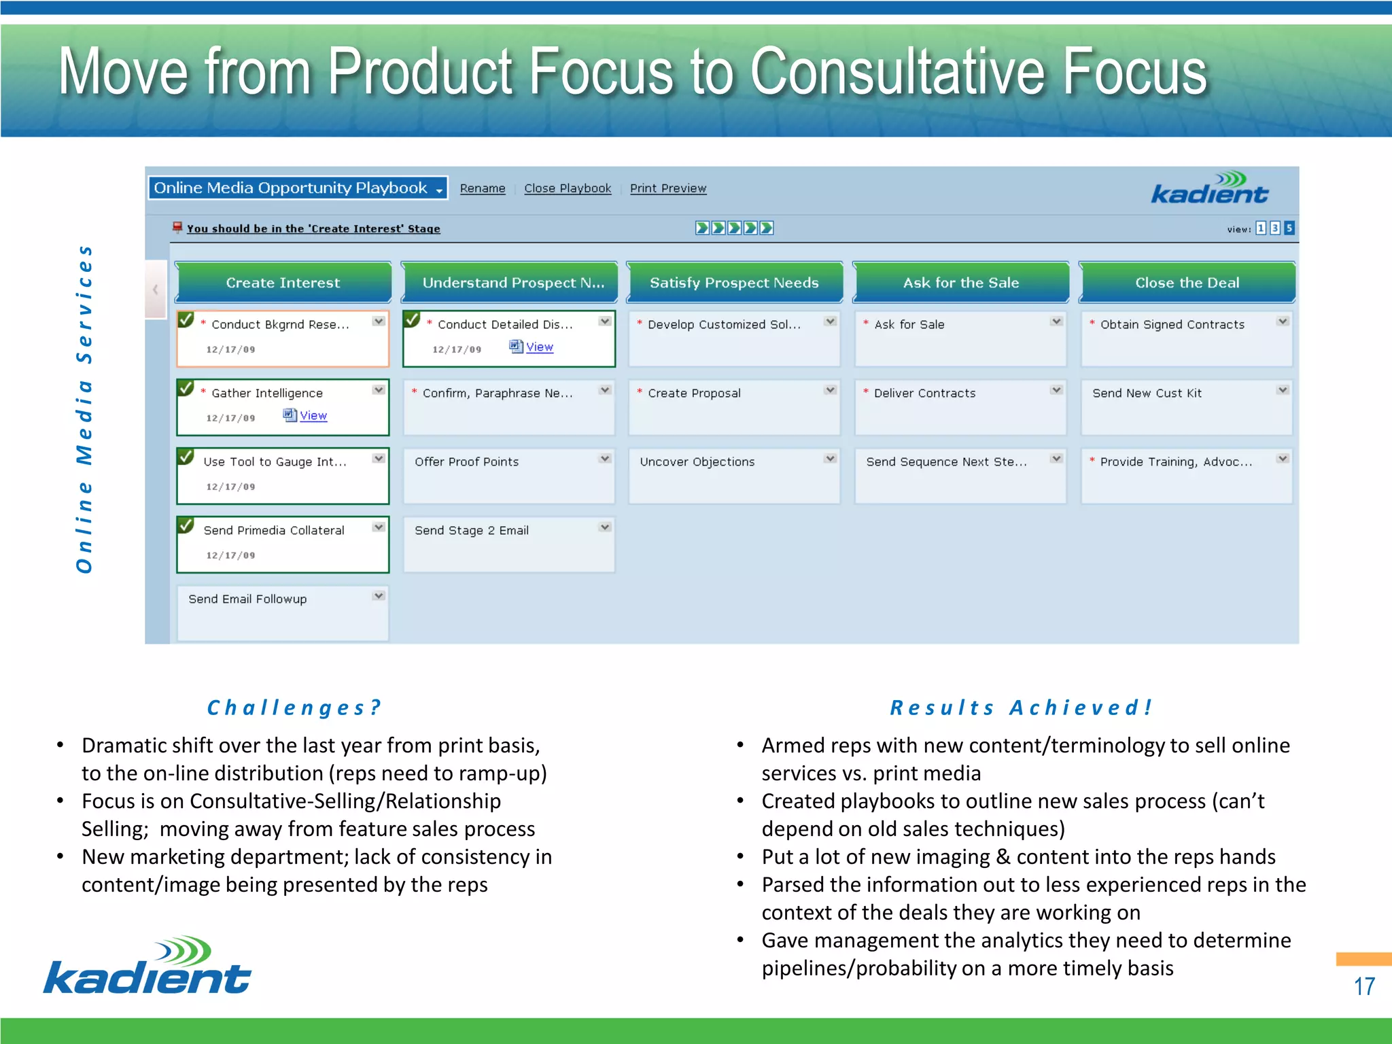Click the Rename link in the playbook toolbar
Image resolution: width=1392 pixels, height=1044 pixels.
(482, 188)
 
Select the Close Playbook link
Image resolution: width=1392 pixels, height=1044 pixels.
(567, 188)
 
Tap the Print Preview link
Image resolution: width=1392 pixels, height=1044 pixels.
(667, 188)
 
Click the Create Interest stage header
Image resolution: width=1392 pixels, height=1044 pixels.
(283, 283)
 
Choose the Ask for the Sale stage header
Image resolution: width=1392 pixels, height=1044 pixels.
(960, 283)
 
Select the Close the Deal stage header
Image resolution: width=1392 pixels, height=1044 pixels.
(1187, 283)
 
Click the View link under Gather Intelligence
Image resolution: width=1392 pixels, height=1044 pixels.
(313, 415)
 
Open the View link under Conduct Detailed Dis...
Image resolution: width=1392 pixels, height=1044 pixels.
(539, 347)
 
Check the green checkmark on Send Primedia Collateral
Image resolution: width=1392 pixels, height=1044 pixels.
(186, 525)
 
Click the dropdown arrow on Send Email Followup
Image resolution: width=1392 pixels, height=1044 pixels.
(379, 596)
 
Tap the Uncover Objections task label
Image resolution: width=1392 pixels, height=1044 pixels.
(697, 462)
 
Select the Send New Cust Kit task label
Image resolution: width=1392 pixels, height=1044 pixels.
(1147, 393)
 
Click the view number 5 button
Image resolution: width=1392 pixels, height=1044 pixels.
(1289, 228)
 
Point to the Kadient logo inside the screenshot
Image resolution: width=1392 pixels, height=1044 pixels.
(1209, 188)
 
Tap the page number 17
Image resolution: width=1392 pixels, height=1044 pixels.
(1363, 986)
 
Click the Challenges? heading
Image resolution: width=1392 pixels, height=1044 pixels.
(294, 708)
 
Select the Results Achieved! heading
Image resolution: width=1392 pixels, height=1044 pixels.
(1022, 708)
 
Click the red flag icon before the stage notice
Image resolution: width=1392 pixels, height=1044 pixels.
(177, 227)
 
